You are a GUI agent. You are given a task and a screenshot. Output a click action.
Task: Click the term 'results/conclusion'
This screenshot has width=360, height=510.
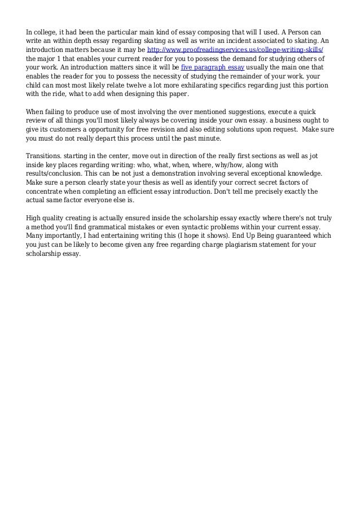pos(54,173)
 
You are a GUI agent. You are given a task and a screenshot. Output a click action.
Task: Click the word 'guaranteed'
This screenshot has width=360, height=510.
pos(292,236)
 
